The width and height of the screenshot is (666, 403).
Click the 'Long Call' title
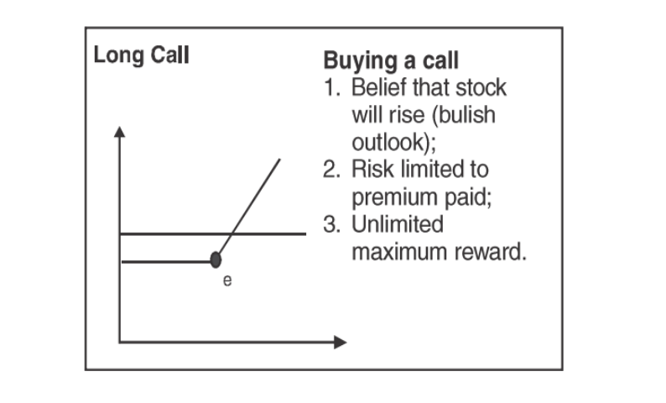point(141,56)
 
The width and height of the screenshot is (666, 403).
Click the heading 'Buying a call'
point(390,61)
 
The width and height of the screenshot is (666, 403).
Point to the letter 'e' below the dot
point(226,282)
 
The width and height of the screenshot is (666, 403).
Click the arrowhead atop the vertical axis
point(120,132)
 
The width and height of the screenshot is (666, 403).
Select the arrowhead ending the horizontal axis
point(340,342)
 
